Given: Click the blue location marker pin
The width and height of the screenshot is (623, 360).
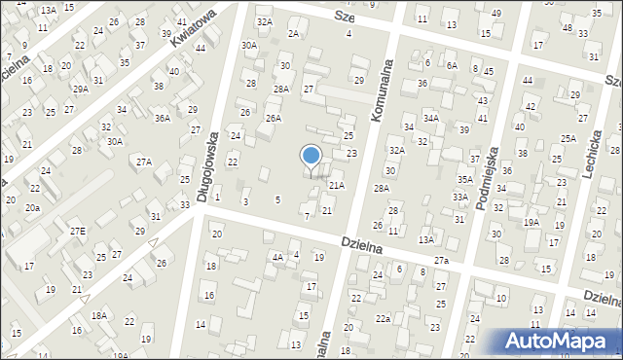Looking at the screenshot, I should click(x=311, y=157).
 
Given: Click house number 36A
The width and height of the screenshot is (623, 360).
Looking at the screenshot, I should click(x=163, y=118).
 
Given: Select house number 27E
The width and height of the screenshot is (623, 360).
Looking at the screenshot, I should click(x=77, y=231).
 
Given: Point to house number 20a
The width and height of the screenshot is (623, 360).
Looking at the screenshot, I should click(x=33, y=208).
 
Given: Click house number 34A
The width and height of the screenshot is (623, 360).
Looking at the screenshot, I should click(x=431, y=119).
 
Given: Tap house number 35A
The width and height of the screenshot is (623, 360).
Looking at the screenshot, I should click(x=465, y=179).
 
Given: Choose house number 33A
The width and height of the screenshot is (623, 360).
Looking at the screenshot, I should click(x=459, y=198).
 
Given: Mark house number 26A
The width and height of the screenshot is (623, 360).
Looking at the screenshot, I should click(x=274, y=119).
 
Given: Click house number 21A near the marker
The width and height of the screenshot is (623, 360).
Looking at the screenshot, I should click(x=336, y=185).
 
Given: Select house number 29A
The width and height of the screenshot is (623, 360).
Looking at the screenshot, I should click(x=81, y=90).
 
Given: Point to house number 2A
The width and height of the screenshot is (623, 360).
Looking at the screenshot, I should click(x=293, y=33).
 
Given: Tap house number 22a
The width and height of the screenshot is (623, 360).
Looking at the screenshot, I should click(x=384, y=318).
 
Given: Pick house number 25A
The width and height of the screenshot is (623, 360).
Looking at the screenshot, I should click(x=568, y=139).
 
